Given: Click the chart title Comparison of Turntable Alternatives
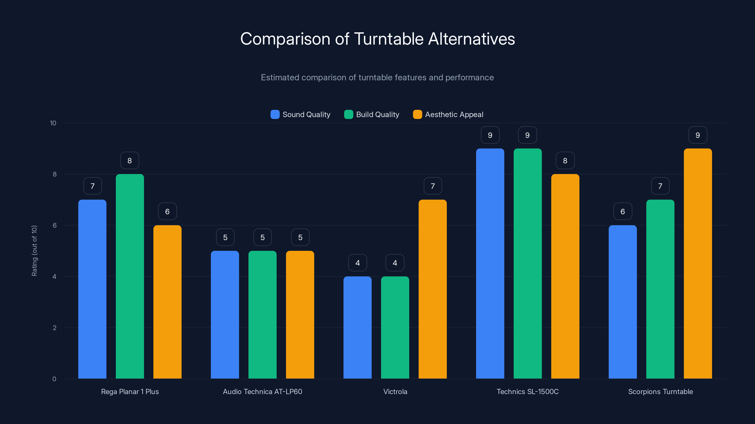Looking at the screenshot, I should (x=377, y=39).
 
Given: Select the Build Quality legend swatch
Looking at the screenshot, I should (x=348, y=114).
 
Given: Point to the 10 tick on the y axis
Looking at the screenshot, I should (x=53, y=123).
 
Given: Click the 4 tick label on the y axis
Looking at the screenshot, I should (x=54, y=277).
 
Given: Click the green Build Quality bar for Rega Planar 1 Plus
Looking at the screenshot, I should (x=130, y=276).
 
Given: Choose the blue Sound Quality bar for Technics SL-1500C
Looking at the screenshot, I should (x=490, y=263).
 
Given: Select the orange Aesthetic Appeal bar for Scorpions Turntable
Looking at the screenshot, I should (x=698, y=263).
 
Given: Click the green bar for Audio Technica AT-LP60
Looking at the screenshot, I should (x=262, y=314).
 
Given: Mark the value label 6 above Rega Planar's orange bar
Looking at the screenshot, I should (x=167, y=212).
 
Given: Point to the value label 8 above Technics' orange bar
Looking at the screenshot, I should (x=565, y=161).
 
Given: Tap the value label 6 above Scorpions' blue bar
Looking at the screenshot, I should (x=623, y=212).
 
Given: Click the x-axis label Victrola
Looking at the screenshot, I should (x=395, y=391).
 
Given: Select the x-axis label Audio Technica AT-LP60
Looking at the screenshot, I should (x=262, y=391).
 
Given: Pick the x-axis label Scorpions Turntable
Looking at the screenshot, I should (x=660, y=391).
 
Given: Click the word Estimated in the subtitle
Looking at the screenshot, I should (x=280, y=77).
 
